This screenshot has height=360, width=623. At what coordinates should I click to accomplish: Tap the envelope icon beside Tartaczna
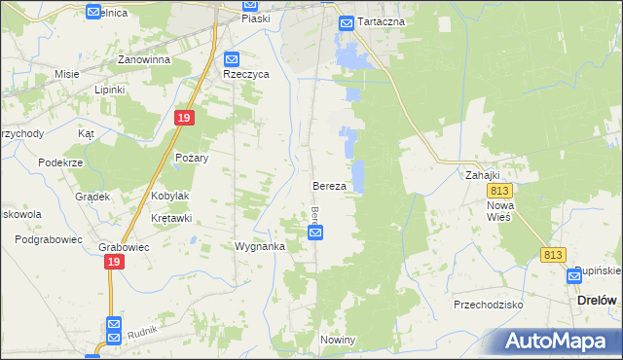point(346,22)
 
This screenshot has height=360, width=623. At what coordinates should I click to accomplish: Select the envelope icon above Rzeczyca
point(231,58)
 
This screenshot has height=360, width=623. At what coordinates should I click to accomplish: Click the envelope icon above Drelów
point(575,276)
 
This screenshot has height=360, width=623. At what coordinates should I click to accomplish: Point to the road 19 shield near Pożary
point(186,118)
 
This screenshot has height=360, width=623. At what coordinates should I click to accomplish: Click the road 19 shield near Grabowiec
point(115,263)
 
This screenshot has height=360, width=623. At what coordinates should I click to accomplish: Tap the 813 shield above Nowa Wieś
point(501,192)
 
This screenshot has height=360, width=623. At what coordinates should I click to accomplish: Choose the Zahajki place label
point(482,175)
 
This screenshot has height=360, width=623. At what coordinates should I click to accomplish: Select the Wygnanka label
point(259,246)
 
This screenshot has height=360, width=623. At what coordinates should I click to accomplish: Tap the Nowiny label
point(338,340)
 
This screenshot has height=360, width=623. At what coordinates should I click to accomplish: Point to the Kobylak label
point(170,196)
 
